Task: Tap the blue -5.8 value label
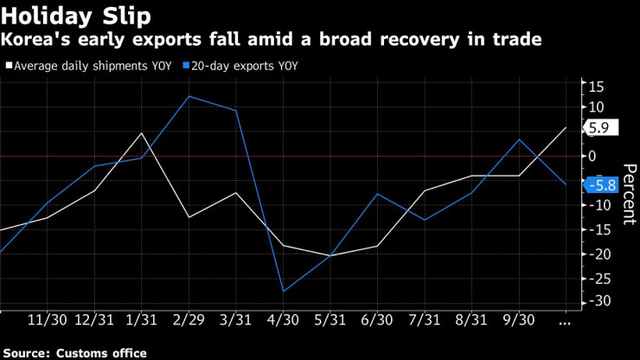(x=600, y=184)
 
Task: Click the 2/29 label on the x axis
(x=189, y=319)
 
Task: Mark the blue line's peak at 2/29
(x=189, y=96)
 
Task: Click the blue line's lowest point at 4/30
(x=283, y=292)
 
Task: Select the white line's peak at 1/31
(x=142, y=132)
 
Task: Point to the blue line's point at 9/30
(x=518, y=139)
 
